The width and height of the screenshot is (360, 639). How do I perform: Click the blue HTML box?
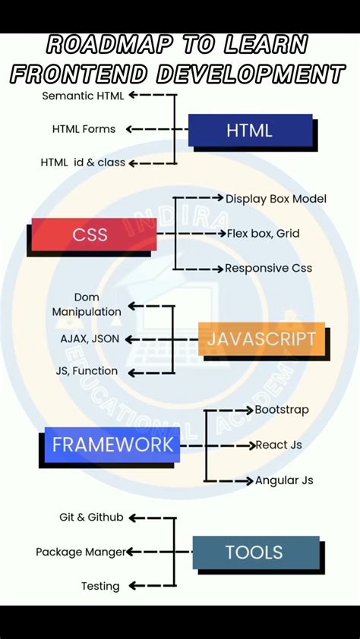(250, 131)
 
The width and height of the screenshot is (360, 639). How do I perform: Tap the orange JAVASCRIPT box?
(261, 338)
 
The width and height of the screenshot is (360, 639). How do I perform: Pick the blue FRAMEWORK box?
(112, 444)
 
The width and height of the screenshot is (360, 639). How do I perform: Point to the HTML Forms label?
(84, 129)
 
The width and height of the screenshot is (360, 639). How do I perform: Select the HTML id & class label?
(83, 162)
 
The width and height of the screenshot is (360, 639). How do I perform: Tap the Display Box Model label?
(276, 199)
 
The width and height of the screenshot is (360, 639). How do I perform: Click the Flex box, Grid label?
(263, 234)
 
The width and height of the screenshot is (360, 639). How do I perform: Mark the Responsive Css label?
(268, 268)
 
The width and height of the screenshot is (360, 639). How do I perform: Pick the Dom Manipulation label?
(87, 304)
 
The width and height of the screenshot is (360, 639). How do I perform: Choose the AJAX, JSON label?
(90, 338)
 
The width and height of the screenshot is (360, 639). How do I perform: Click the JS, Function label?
(87, 371)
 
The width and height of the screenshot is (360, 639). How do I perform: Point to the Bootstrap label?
(282, 410)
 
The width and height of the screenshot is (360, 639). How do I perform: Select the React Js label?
(279, 445)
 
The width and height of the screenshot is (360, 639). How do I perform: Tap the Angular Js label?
(284, 480)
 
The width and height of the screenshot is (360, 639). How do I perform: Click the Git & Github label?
(91, 517)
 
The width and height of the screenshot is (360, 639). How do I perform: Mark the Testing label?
(100, 586)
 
